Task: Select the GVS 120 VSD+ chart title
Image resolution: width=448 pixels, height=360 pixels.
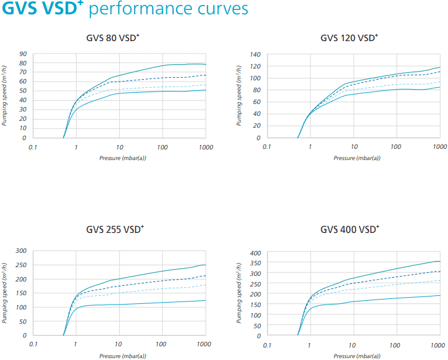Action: [349, 38]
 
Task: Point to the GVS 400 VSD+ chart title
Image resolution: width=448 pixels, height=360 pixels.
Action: [349, 229]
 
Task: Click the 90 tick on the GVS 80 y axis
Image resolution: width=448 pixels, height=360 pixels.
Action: [22, 54]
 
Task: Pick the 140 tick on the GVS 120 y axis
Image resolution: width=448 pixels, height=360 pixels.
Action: [255, 54]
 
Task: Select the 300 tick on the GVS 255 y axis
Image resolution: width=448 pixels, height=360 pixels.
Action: [21, 251]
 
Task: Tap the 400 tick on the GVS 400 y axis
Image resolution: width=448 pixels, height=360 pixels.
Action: [255, 253]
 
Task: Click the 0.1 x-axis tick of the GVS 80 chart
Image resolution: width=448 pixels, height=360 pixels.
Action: [33, 148]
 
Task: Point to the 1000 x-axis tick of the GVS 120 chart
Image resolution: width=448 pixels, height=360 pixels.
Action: [439, 147]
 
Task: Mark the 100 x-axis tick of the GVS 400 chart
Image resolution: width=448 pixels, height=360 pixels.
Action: [396, 344]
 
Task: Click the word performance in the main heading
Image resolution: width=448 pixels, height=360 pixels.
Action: [130, 10]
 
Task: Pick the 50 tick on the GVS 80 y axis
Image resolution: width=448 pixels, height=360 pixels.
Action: [22, 91]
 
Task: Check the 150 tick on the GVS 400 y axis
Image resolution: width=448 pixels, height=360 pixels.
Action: [255, 305]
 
